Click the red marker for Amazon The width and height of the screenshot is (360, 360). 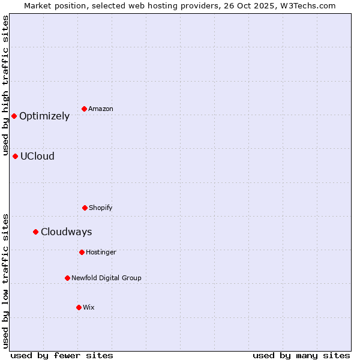click(84, 109)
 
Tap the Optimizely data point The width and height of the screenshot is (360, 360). click(14, 116)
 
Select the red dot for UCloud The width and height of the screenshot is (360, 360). click(15, 156)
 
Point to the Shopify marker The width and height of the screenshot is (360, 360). click(85, 208)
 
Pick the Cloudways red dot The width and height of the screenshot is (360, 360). click(35, 232)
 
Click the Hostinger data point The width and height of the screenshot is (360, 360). click(82, 252)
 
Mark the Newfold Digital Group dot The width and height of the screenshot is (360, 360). click(67, 278)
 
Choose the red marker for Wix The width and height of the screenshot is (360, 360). click(79, 307)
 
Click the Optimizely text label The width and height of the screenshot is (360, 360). click(44, 116)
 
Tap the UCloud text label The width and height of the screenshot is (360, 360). click(37, 157)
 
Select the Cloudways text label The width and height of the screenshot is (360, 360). click(66, 232)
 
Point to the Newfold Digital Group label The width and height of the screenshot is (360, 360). click(106, 278)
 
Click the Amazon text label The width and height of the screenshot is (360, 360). click(101, 109)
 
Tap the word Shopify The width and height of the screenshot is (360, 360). click(101, 208)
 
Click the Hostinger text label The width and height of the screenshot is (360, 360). click(101, 253)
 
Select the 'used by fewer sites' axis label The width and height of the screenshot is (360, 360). click(62, 355)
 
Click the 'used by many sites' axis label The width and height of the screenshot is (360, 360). click(301, 355)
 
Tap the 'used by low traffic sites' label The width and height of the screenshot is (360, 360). click(6, 281)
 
